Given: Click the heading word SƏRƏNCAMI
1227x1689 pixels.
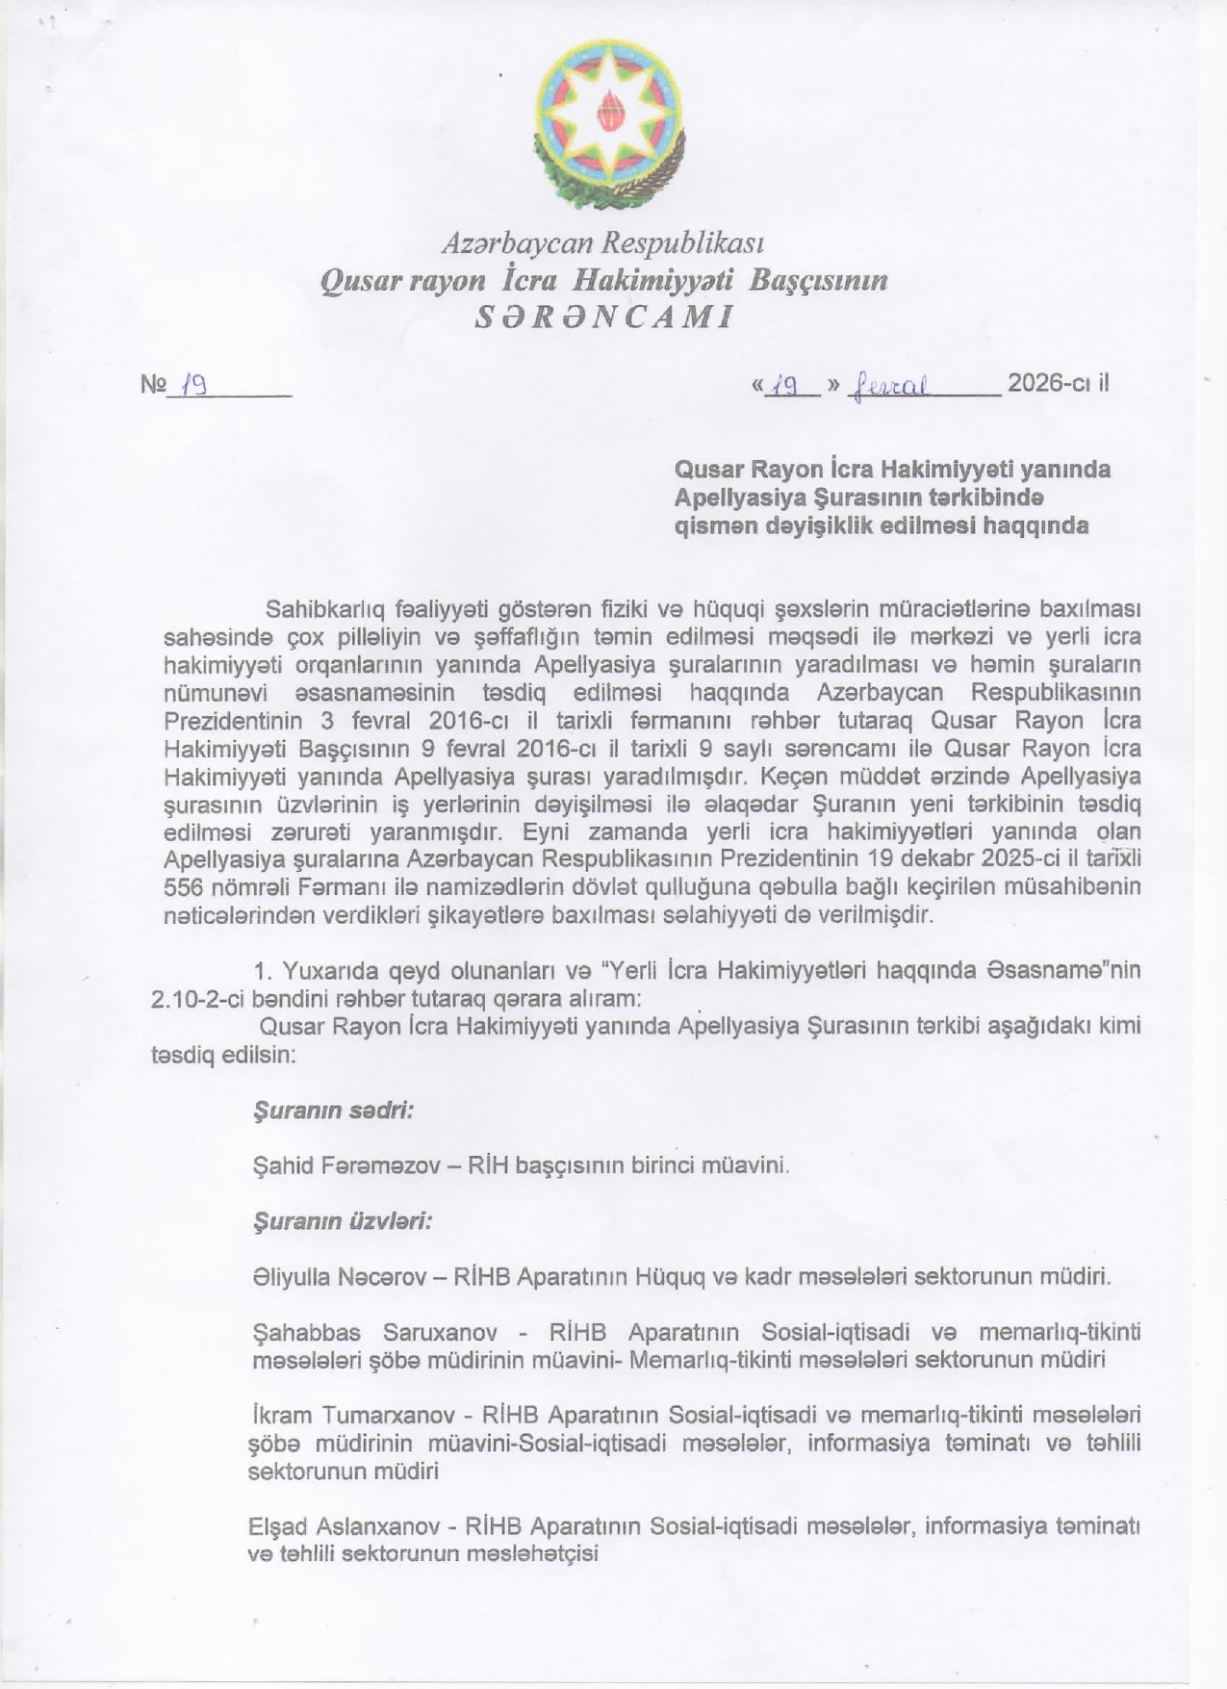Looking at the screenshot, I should click(604, 317).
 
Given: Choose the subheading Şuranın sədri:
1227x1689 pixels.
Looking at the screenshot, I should click(332, 1110).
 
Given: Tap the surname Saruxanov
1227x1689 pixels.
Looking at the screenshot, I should click(440, 1333).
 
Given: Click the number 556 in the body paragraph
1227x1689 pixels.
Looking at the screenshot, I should click(183, 886).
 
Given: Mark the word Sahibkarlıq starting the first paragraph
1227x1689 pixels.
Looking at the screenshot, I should click(324, 609).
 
